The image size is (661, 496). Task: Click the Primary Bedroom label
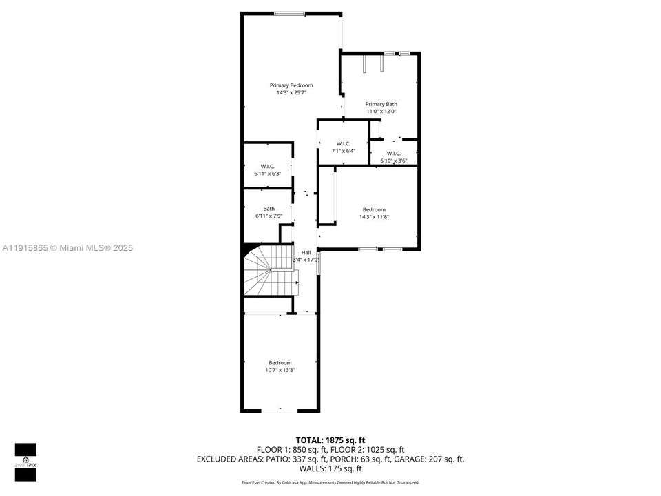pos(291,85)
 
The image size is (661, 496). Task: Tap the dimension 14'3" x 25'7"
pos(291,92)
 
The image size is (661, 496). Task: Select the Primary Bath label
pos(381,104)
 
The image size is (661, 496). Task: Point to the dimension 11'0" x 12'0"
pos(381,111)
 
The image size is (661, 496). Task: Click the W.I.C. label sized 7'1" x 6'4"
pos(344,143)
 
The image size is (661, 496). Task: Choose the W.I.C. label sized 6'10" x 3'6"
pos(394,153)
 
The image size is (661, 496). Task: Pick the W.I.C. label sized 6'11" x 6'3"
pos(268,166)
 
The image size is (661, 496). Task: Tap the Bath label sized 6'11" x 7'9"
pos(269,209)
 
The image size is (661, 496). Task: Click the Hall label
pos(306,253)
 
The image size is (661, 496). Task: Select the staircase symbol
pos(271,271)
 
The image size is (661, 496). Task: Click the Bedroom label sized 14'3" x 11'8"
pos(374,209)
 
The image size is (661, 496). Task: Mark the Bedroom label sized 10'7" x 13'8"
pos(280,363)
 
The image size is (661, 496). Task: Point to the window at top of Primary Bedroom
pos(289,13)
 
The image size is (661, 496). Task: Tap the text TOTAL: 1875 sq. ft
pos(330,440)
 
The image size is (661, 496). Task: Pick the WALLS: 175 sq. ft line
pos(330,468)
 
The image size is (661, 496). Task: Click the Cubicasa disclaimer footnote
pos(330,482)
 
